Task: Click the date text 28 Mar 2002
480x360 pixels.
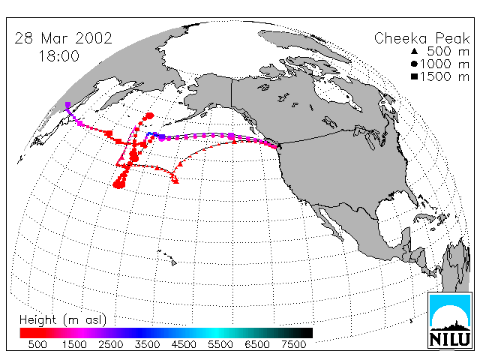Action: coord(63,38)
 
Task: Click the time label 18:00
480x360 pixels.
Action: coord(58,56)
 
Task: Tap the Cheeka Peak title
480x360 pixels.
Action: coord(421,38)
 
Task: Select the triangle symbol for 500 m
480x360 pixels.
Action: coord(414,51)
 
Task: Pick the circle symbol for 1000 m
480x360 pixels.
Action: coord(414,64)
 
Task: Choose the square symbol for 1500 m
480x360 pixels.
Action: coord(414,76)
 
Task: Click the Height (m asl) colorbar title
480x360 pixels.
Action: coord(63,320)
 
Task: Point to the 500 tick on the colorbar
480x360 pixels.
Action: coord(37,344)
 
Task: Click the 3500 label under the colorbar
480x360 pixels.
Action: coord(147,344)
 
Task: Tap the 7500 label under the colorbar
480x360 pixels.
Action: coord(293,344)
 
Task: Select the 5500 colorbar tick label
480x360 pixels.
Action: coord(220,344)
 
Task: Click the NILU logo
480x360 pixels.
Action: coord(449,320)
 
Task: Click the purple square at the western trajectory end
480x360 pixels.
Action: coord(67,105)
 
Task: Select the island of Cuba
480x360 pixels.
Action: coord(425,217)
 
